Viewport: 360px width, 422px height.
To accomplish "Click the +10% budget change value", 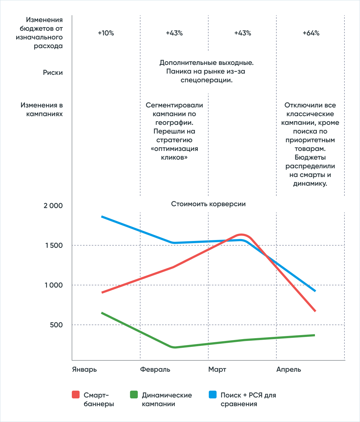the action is point(106,33).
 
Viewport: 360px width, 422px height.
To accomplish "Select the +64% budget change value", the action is point(311,33).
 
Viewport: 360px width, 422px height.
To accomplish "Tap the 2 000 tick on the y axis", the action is point(53,206).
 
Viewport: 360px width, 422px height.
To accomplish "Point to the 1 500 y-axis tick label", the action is point(54,245).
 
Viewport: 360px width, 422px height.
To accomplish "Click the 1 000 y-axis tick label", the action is point(54,285).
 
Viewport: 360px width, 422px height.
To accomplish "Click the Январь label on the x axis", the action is point(85,370).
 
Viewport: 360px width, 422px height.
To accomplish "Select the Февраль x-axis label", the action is point(155,370).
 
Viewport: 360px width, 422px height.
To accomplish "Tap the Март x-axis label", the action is point(217,370).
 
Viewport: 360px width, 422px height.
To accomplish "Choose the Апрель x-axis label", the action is point(289,370).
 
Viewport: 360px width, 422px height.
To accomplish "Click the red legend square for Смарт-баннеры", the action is point(76,394).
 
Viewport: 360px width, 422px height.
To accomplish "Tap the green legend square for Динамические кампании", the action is point(134,394).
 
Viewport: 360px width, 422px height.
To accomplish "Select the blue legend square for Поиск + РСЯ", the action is point(213,394).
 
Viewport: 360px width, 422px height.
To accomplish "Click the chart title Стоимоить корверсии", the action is point(208,204).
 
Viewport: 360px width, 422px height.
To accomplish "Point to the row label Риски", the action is point(53,72).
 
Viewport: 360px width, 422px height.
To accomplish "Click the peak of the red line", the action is point(241,235).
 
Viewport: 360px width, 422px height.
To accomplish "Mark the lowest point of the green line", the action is point(174,347).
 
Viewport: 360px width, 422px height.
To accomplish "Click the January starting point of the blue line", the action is point(102,216).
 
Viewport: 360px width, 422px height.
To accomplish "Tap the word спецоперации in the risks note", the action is point(206,80).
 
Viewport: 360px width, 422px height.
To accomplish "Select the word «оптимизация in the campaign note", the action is point(174,149).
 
